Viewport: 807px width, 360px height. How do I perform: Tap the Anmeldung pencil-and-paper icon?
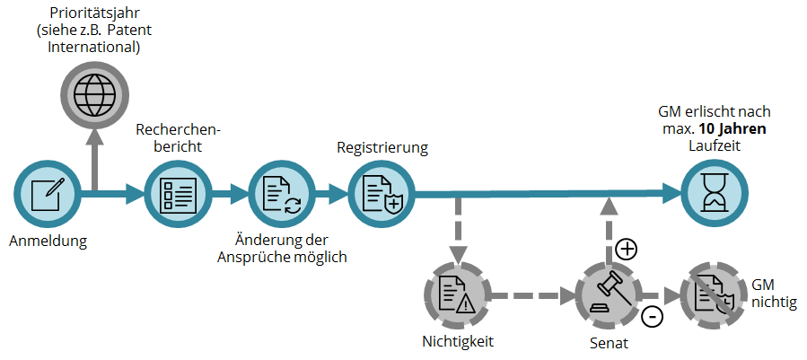pyautogui.click(x=48, y=194)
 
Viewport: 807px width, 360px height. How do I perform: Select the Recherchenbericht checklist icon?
pyautogui.click(x=178, y=194)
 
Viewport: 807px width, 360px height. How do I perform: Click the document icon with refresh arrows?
pyautogui.click(x=281, y=194)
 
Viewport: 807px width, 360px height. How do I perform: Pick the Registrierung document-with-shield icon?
pyautogui.click(x=382, y=194)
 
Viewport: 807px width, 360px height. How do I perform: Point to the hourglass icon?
pyautogui.click(x=715, y=194)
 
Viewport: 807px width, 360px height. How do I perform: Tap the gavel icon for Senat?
pyautogui.click(x=609, y=295)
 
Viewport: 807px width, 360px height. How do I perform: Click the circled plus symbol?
pyautogui.click(x=627, y=250)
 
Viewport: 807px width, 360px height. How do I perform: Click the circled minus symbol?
pyautogui.click(x=652, y=317)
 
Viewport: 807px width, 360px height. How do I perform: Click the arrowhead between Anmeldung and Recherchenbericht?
pyautogui.click(x=136, y=194)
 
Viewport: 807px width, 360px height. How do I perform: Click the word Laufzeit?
pyautogui.click(x=715, y=145)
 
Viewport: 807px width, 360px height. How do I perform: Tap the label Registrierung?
pyautogui.click(x=382, y=148)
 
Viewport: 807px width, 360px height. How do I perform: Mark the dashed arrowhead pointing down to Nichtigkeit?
pyautogui.click(x=458, y=253)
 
